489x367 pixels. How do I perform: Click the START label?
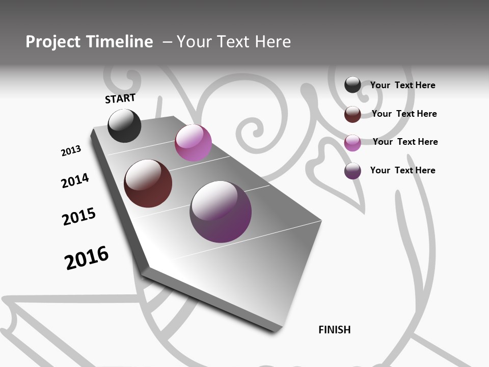(120, 98)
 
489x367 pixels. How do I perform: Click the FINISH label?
(334, 330)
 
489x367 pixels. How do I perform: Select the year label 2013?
(71, 151)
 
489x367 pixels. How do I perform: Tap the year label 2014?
(75, 181)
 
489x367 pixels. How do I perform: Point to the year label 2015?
(79, 217)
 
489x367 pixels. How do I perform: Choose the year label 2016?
(87, 257)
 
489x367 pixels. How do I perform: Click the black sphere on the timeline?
(124, 126)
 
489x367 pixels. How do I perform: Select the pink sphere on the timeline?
(193, 143)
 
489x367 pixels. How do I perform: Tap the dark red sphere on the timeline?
(148, 183)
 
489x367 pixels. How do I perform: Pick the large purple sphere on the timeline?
(221, 212)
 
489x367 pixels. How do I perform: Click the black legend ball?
(352, 85)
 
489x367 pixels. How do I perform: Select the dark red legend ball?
(352, 114)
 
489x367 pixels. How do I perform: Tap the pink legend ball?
(352, 143)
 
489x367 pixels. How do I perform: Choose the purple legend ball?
(352, 171)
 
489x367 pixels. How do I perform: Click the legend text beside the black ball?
(402, 85)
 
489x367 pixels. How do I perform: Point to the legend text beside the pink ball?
(405, 142)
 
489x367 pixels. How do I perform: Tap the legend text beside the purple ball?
(402, 170)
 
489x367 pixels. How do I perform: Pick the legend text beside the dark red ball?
(404, 114)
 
